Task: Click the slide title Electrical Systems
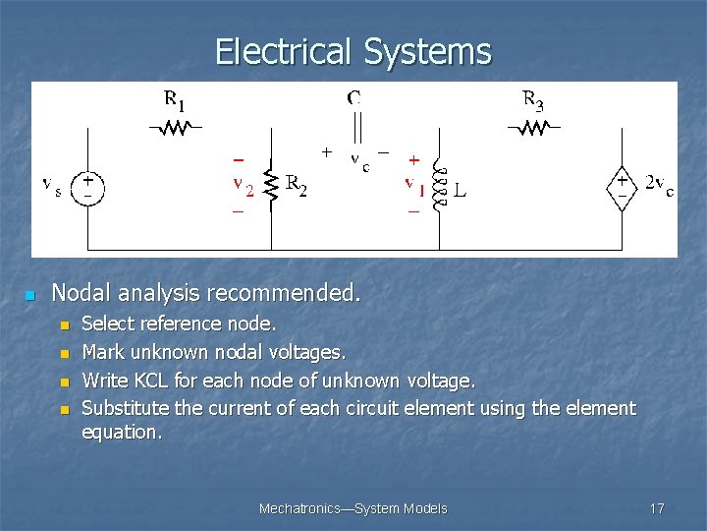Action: pos(353,51)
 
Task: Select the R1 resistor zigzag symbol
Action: pos(175,127)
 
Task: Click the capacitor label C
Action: pos(353,97)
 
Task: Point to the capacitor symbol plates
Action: pos(355,127)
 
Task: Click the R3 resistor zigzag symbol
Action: pos(533,127)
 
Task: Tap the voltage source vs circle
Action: pos(88,187)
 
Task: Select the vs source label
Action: pos(53,185)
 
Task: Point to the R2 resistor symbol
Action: pos(271,185)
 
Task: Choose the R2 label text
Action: pos(296,185)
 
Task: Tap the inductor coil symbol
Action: pos(437,185)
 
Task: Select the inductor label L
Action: pos(460,188)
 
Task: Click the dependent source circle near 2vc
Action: pos(622,187)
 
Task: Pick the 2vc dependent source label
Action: pos(658,187)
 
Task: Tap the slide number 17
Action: pos(657,508)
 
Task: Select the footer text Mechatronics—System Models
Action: pos(353,508)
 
